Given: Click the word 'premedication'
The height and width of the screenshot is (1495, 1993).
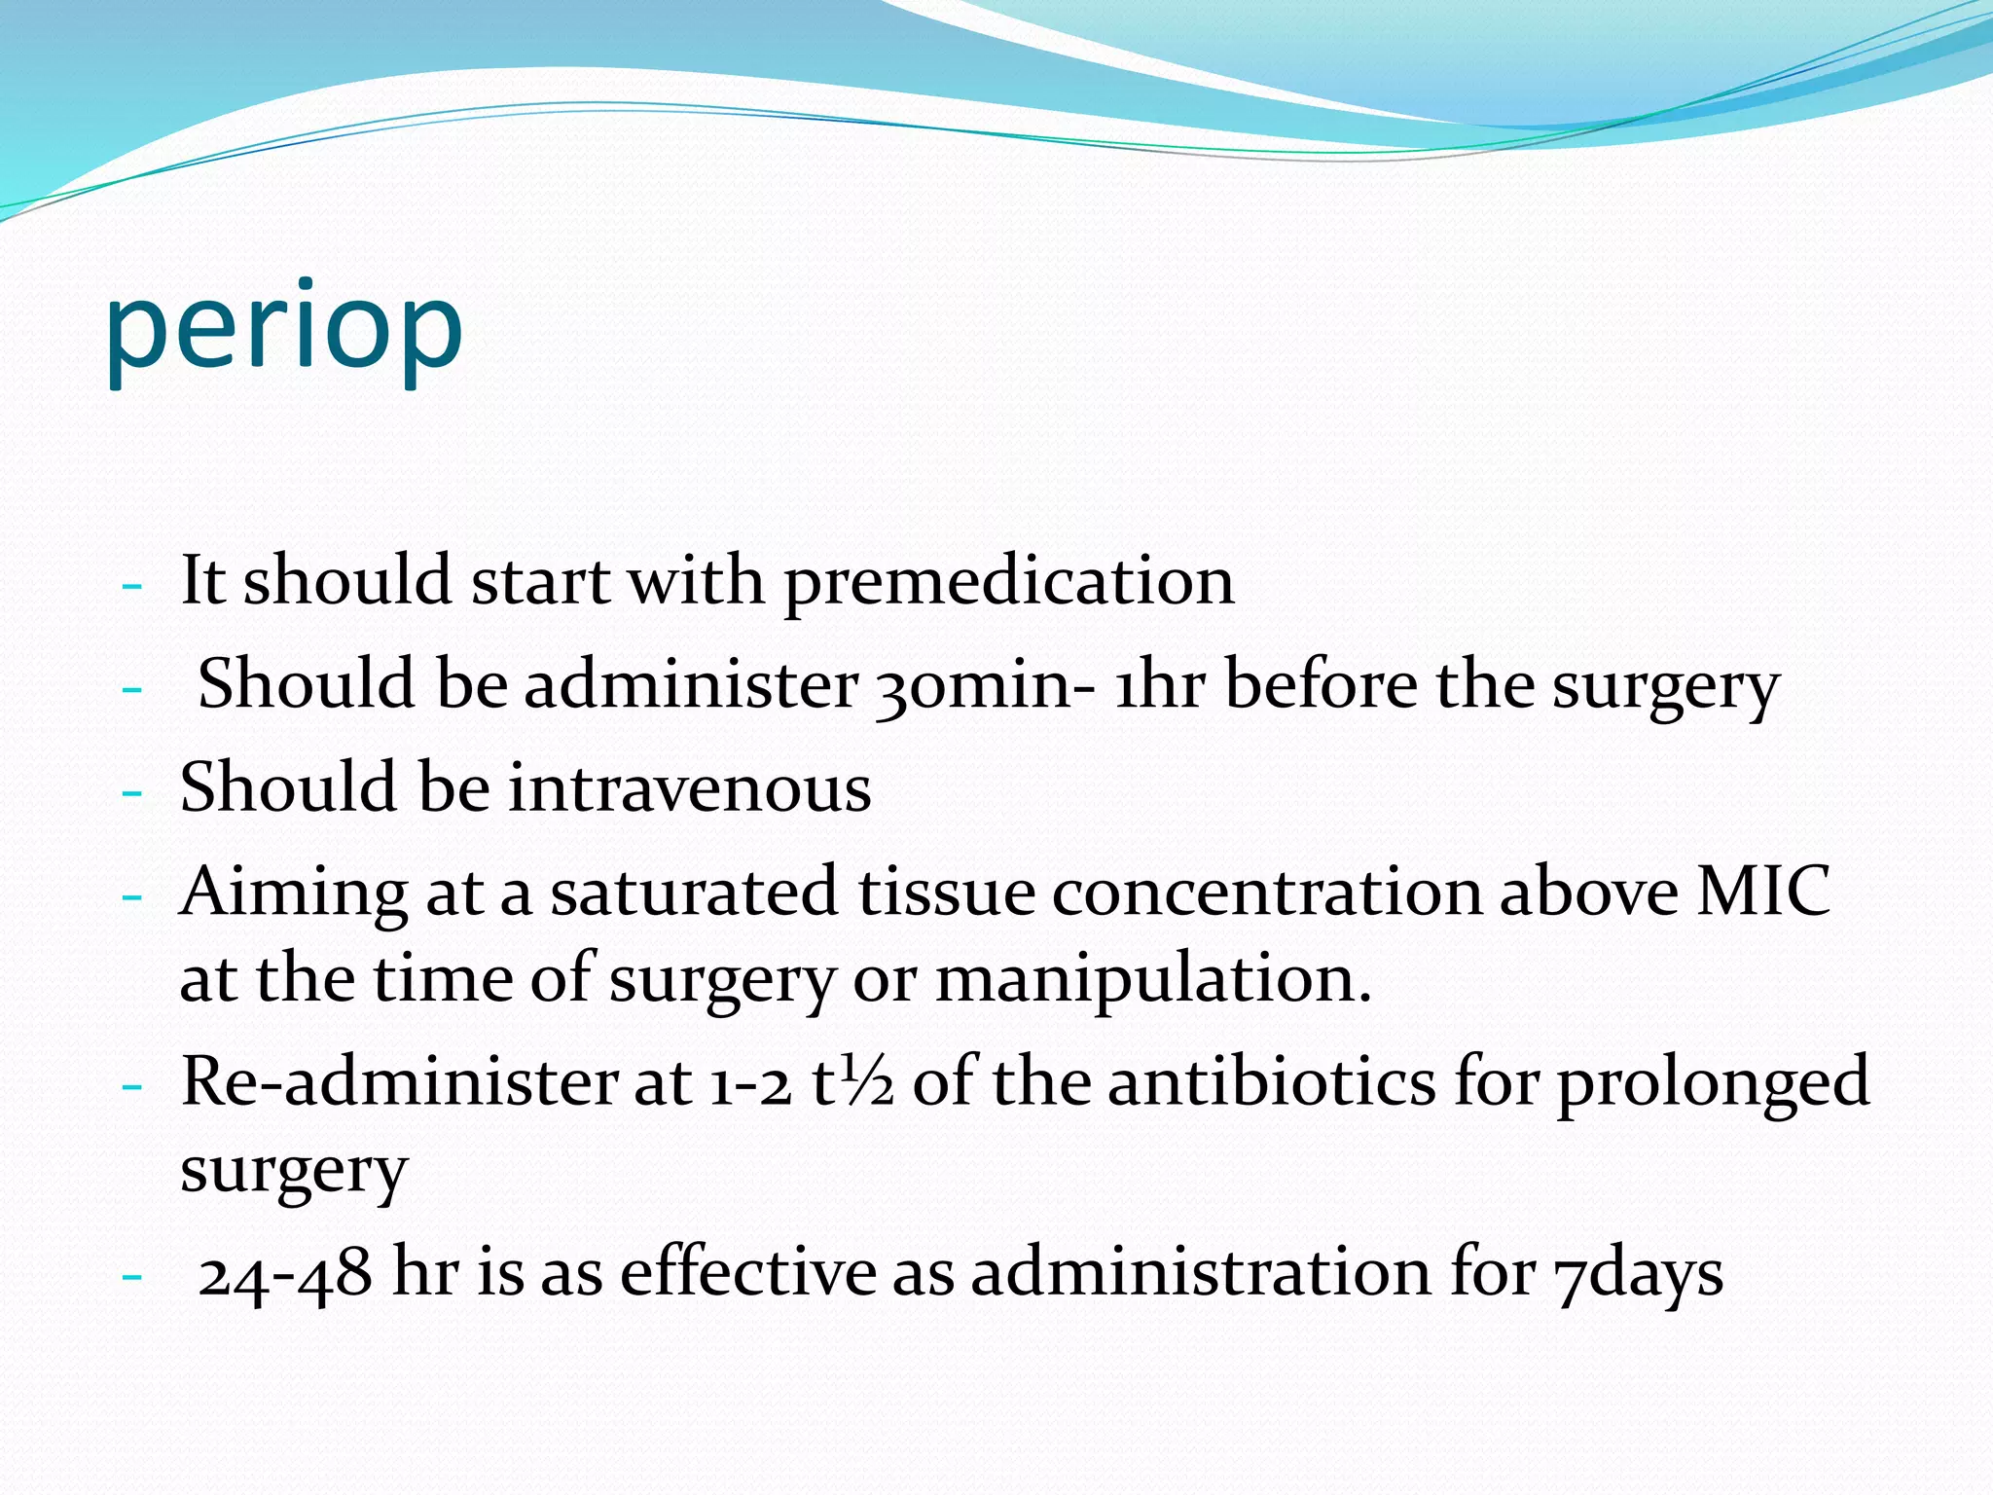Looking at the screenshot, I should (1008, 582).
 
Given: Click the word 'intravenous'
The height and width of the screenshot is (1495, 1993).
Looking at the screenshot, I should (690, 787).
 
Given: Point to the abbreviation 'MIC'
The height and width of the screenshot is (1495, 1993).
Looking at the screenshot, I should (1762, 892).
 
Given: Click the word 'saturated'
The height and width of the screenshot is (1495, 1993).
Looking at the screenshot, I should (694, 892).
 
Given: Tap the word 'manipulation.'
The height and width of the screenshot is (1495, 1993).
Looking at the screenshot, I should (1153, 979).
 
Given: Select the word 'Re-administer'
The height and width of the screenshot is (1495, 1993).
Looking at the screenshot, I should (399, 1082).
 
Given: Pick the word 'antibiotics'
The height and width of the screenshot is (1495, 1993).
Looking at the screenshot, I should (1271, 1082).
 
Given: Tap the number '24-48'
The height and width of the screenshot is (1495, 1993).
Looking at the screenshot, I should (285, 1273).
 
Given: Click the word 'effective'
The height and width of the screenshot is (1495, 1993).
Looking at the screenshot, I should (747, 1273).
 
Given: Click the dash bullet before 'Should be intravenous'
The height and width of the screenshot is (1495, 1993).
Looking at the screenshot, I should (132, 792).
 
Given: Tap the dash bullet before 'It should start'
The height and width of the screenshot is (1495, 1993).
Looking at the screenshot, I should (132, 587).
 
